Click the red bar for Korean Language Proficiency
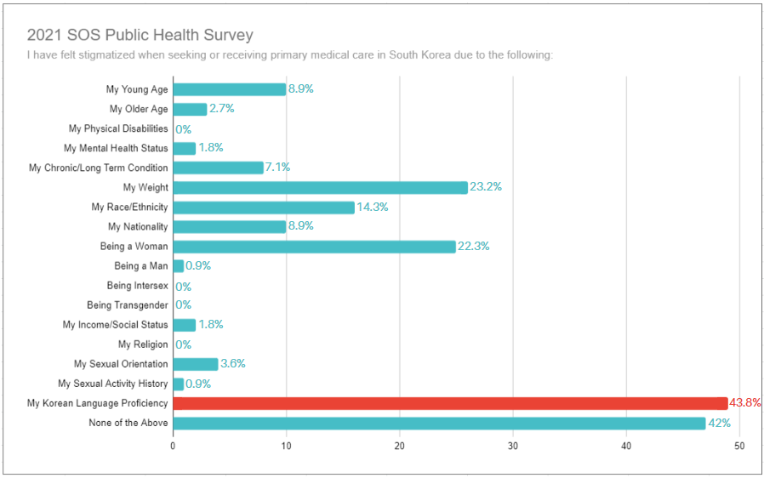[450, 403]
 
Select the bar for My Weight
[320, 187]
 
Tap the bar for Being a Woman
[315, 247]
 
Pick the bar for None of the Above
[440, 423]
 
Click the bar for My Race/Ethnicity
[264, 208]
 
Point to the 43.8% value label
[745, 403]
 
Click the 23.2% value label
[486, 187]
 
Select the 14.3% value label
[372, 208]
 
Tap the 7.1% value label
[277, 168]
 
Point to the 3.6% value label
[232, 364]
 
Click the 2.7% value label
[221, 109]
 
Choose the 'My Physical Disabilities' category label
[118, 128]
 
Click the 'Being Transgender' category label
[128, 305]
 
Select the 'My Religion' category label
[143, 344]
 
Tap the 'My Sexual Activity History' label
[113, 384]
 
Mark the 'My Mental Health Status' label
[117, 148]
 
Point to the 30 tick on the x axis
[513, 446]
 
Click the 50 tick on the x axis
[739, 446]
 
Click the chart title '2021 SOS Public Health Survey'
[140, 35]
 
